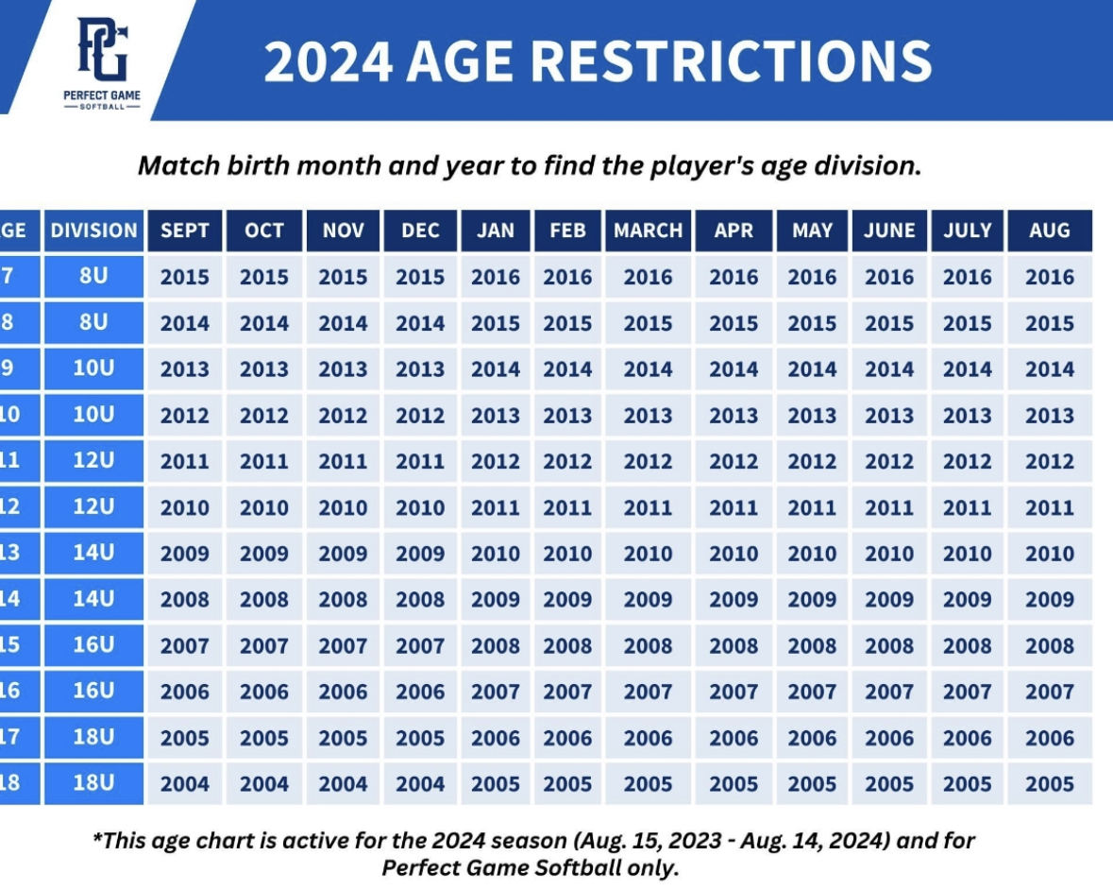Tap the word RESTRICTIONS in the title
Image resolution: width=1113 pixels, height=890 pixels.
click(731, 61)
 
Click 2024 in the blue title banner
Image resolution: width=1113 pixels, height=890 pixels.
click(328, 61)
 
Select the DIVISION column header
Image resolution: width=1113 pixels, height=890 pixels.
click(93, 231)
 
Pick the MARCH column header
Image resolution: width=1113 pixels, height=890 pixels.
click(648, 231)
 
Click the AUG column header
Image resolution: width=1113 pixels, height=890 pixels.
click(1050, 231)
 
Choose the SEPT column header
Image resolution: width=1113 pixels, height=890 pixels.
click(185, 231)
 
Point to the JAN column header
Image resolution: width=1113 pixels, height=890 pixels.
click(496, 231)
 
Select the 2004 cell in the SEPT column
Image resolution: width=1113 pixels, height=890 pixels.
click(185, 783)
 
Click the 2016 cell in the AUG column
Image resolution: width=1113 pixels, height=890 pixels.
click(1050, 276)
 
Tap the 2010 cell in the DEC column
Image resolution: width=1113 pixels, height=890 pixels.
click(420, 507)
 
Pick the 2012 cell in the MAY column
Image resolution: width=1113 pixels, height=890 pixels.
click(812, 461)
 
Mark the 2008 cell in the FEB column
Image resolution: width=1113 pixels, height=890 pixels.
click(568, 645)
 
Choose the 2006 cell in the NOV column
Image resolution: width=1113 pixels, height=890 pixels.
click(343, 691)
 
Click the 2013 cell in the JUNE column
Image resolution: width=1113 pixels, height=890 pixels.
click(889, 415)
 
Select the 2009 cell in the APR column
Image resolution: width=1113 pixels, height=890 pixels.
click(734, 599)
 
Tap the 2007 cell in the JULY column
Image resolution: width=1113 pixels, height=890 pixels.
click(968, 691)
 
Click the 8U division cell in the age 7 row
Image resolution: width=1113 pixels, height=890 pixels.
click(93, 276)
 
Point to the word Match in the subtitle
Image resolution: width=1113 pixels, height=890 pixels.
click(178, 165)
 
